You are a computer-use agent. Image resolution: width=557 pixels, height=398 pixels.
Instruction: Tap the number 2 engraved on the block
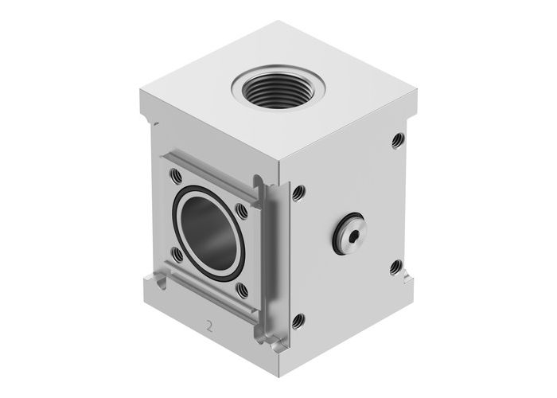pyautogui.click(x=209, y=326)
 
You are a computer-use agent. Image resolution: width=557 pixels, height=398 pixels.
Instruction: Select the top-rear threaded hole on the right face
pyautogui.click(x=395, y=141)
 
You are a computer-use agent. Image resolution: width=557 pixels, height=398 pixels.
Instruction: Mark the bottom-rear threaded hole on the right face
pyautogui.click(x=394, y=267)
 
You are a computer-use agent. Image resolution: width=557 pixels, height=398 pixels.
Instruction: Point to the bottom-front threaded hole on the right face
pyautogui.click(x=298, y=322)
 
